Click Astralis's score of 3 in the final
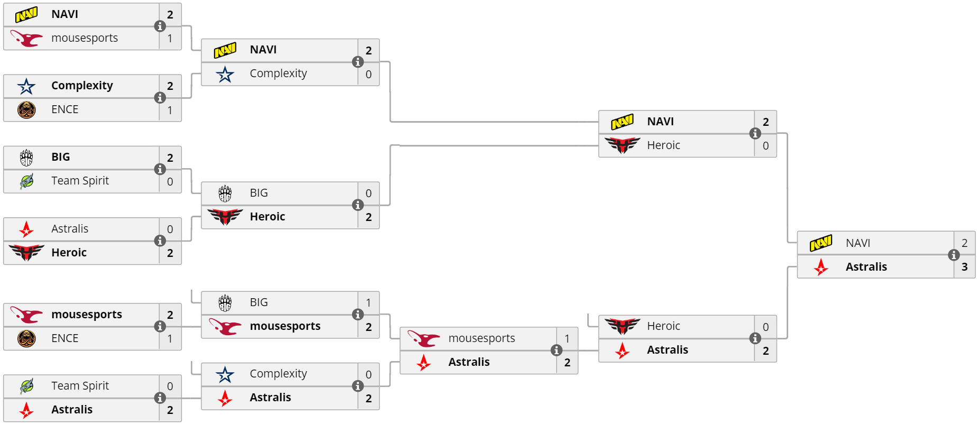964,267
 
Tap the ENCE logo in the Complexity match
26,109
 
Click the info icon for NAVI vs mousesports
160,26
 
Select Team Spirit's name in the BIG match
80,181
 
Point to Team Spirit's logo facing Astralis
26,386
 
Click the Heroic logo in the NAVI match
622,145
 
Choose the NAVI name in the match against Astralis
857,243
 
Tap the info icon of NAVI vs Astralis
954,255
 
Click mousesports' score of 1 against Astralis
567,338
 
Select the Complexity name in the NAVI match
278,73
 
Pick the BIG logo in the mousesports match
225,303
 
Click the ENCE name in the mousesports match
64,338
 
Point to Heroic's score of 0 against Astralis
765,327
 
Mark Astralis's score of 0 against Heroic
170,229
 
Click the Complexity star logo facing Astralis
225,374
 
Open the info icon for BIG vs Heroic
358,205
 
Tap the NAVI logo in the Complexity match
225,50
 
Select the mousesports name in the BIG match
285,326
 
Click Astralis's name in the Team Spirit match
72,410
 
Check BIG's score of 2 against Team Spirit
170,158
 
